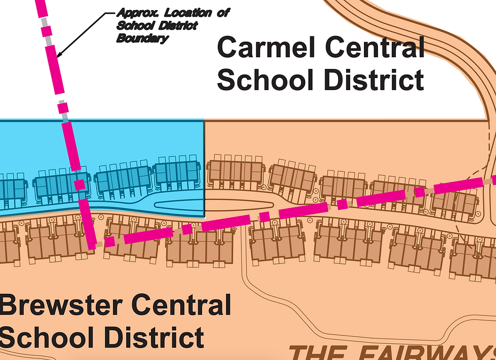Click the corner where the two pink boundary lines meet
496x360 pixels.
(x=92, y=247)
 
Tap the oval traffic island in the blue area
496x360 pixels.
(x=178, y=205)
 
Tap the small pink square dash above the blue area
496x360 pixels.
(x=62, y=108)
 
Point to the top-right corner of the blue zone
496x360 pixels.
(x=203, y=121)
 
